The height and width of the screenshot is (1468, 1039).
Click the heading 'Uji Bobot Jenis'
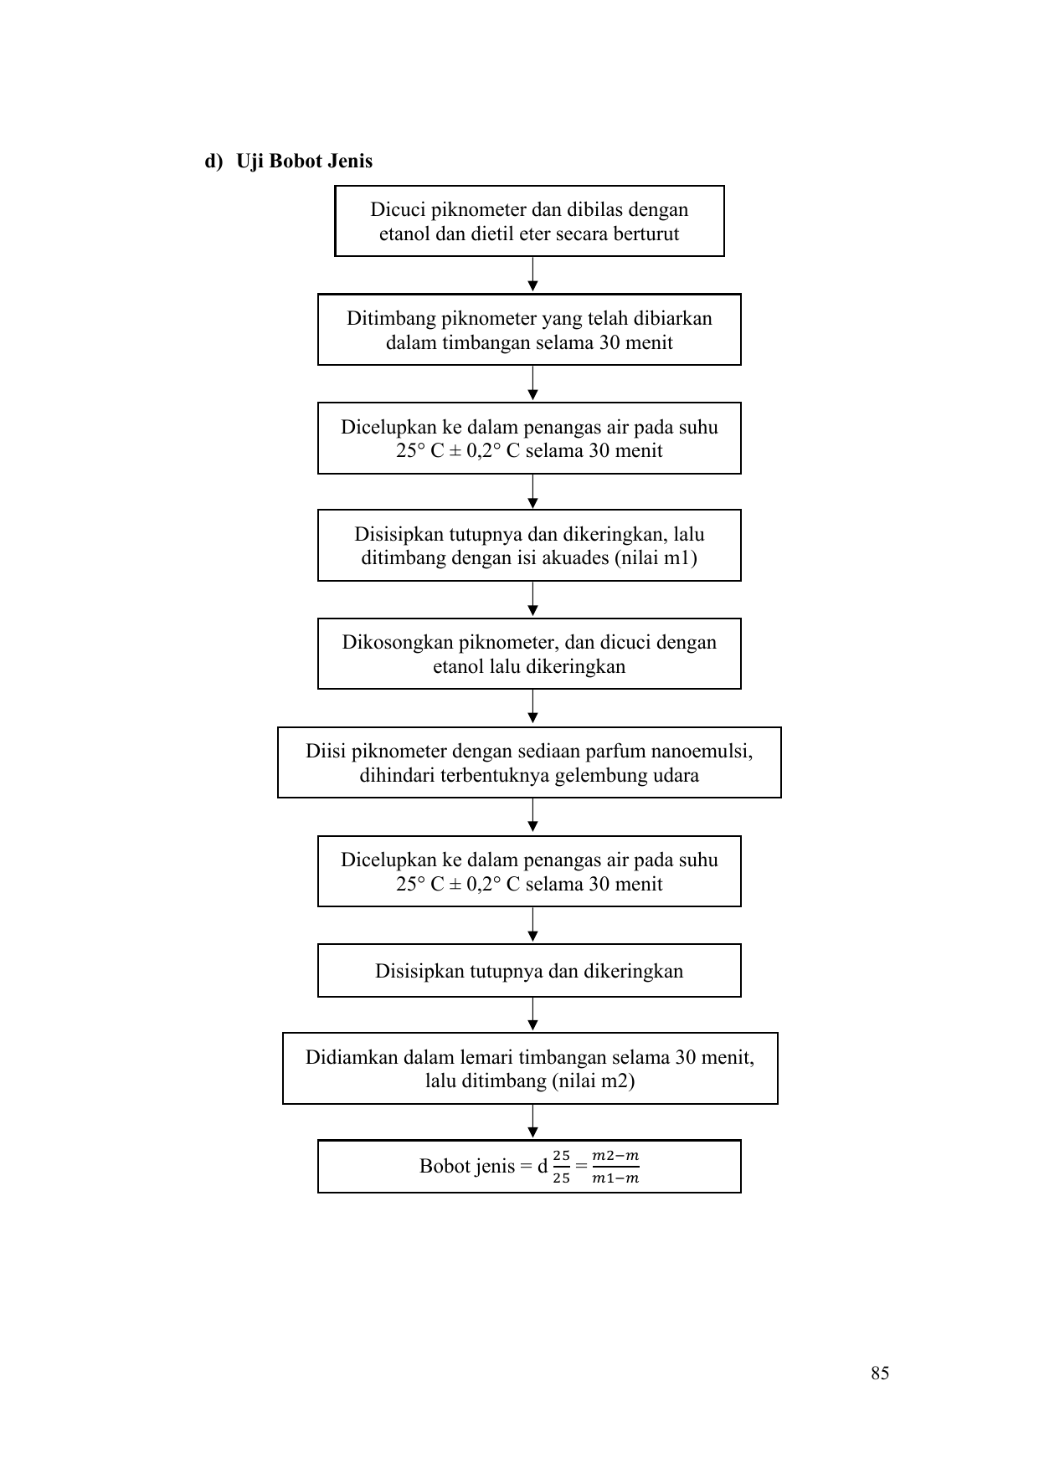point(304,161)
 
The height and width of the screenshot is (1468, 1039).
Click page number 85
point(880,1373)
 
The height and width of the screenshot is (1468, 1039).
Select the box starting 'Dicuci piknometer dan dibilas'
point(529,221)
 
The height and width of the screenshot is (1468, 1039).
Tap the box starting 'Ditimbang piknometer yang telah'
point(529,329)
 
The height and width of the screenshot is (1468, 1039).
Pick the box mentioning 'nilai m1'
point(529,545)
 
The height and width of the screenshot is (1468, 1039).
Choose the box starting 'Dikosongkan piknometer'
point(529,654)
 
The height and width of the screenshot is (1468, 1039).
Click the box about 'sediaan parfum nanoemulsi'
point(529,762)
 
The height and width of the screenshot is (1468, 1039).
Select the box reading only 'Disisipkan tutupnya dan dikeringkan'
point(529,971)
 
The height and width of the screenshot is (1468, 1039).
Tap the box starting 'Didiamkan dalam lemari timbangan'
point(530,1068)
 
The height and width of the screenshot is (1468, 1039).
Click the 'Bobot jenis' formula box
point(529,1166)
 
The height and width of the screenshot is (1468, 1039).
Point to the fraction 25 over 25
point(561,1167)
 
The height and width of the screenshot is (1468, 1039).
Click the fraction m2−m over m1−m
point(615,1167)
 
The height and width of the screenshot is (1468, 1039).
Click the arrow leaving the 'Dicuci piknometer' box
point(532,275)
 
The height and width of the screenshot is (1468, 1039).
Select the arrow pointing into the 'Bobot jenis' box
point(532,1122)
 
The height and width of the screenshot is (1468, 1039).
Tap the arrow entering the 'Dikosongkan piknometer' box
point(532,599)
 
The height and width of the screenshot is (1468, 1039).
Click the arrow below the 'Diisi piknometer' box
point(532,816)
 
